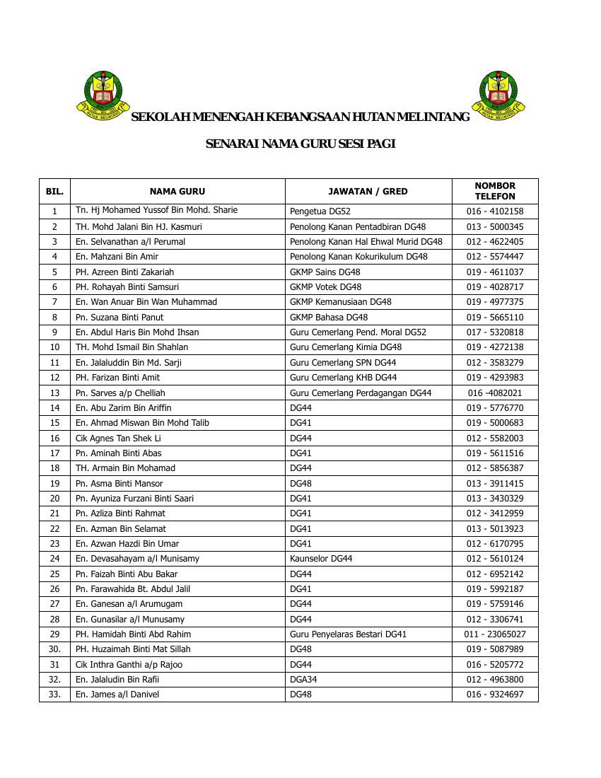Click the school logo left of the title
click(x=103, y=95)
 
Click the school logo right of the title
click(x=498, y=95)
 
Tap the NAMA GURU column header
click(x=177, y=191)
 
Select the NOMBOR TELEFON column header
click(x=495, y=191)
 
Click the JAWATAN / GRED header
click(x=368, y=191)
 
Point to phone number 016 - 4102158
click(x=495, y=211)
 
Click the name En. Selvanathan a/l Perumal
click(x=130, y=241)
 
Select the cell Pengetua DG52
click(x=320, y=211)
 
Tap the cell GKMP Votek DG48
click(x=325, y=287)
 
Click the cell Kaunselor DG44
click(x=321, y=559)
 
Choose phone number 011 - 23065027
click(x=495, y=634)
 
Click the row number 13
click(x=54, y=393)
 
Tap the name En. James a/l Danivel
click(x=117, y=695)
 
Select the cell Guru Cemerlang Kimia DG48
click(x=346, y=347)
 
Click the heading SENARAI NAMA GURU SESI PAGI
click(x=300, y=144)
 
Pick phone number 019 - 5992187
click(x=495, y=588)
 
